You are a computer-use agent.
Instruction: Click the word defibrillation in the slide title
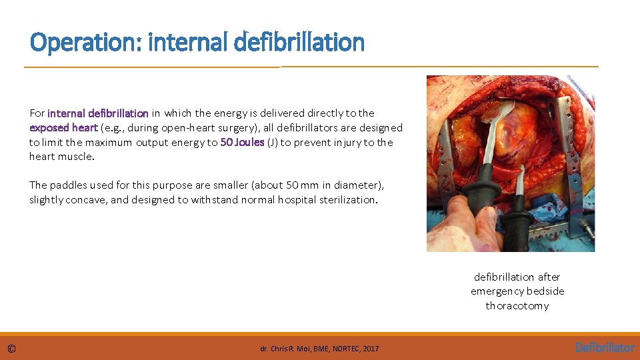coord(300,43)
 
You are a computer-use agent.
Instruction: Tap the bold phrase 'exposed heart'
coord(63,127)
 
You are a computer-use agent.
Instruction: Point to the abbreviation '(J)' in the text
coord(273,142)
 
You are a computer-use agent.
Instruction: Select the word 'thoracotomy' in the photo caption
coord(517,306)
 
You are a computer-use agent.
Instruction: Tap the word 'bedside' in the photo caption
coord(546,291)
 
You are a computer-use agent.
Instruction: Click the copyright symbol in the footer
coord(12,348)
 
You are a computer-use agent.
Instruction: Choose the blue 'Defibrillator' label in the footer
coord(605,347)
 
